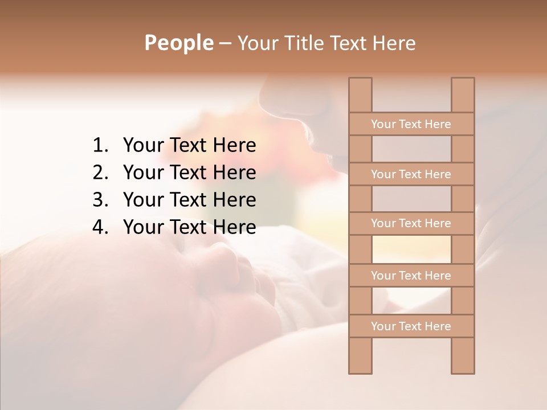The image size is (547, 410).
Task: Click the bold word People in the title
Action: point(178,43)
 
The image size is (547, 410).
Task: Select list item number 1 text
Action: point(189,146)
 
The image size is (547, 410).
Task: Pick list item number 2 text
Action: point(189,173)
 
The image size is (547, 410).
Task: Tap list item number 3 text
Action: point(189,200)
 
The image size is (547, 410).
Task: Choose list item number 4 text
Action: point(189,227)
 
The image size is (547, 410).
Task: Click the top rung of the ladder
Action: point(411,124)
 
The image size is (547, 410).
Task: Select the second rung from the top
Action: point(411,174)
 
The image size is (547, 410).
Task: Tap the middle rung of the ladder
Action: point(411,223)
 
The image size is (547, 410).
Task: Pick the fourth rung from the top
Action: point(411,276)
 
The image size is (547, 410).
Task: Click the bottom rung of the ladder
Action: point(411,326)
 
